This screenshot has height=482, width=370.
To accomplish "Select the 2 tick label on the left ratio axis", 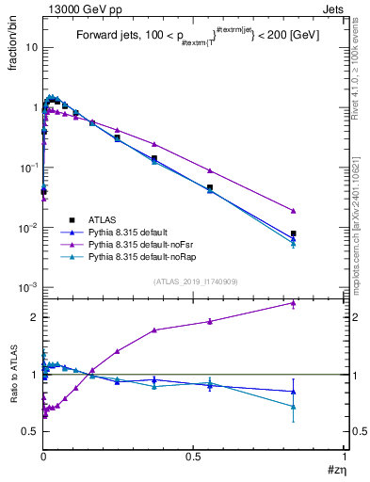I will pyautogui.click(x=34, y=317).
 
